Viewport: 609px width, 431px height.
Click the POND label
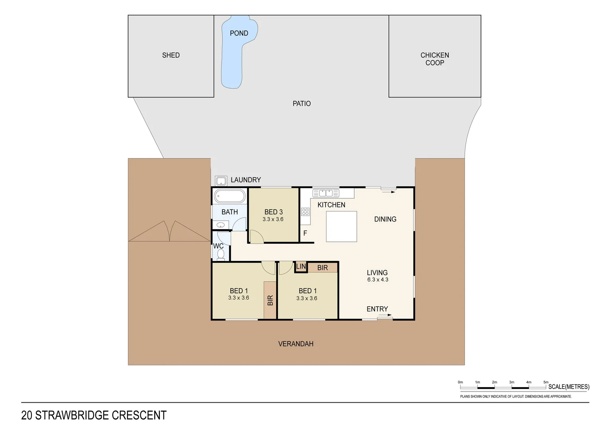tap(239, 34)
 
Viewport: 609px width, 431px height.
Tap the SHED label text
tap(171, 55)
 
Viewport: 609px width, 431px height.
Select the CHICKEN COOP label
tap(434, 59)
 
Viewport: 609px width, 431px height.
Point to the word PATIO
tap(301, 104)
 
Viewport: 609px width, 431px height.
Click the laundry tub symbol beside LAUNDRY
tap(221, 181)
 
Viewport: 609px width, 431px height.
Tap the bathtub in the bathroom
tap(230, 196)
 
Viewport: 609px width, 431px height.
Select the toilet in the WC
tap(221, 254)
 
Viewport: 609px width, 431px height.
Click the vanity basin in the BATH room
tap(221, 225)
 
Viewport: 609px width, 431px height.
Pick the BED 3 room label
tap(273, 212)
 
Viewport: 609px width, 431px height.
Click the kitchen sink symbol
tap(326, 193)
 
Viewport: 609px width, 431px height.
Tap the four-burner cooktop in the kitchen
tap(305, 212)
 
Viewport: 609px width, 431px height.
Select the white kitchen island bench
tap(341, 226)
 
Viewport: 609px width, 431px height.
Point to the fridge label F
tap(305, 233)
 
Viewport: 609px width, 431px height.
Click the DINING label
tap(385, 219)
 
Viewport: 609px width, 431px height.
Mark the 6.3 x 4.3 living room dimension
tap(377, 280)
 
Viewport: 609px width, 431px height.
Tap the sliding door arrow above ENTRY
tap(385, 315)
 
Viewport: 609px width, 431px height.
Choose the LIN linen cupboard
tap(301, 267)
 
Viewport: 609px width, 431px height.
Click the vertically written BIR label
tap(270, 300)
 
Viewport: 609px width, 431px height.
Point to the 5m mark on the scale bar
tap(546, 382)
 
